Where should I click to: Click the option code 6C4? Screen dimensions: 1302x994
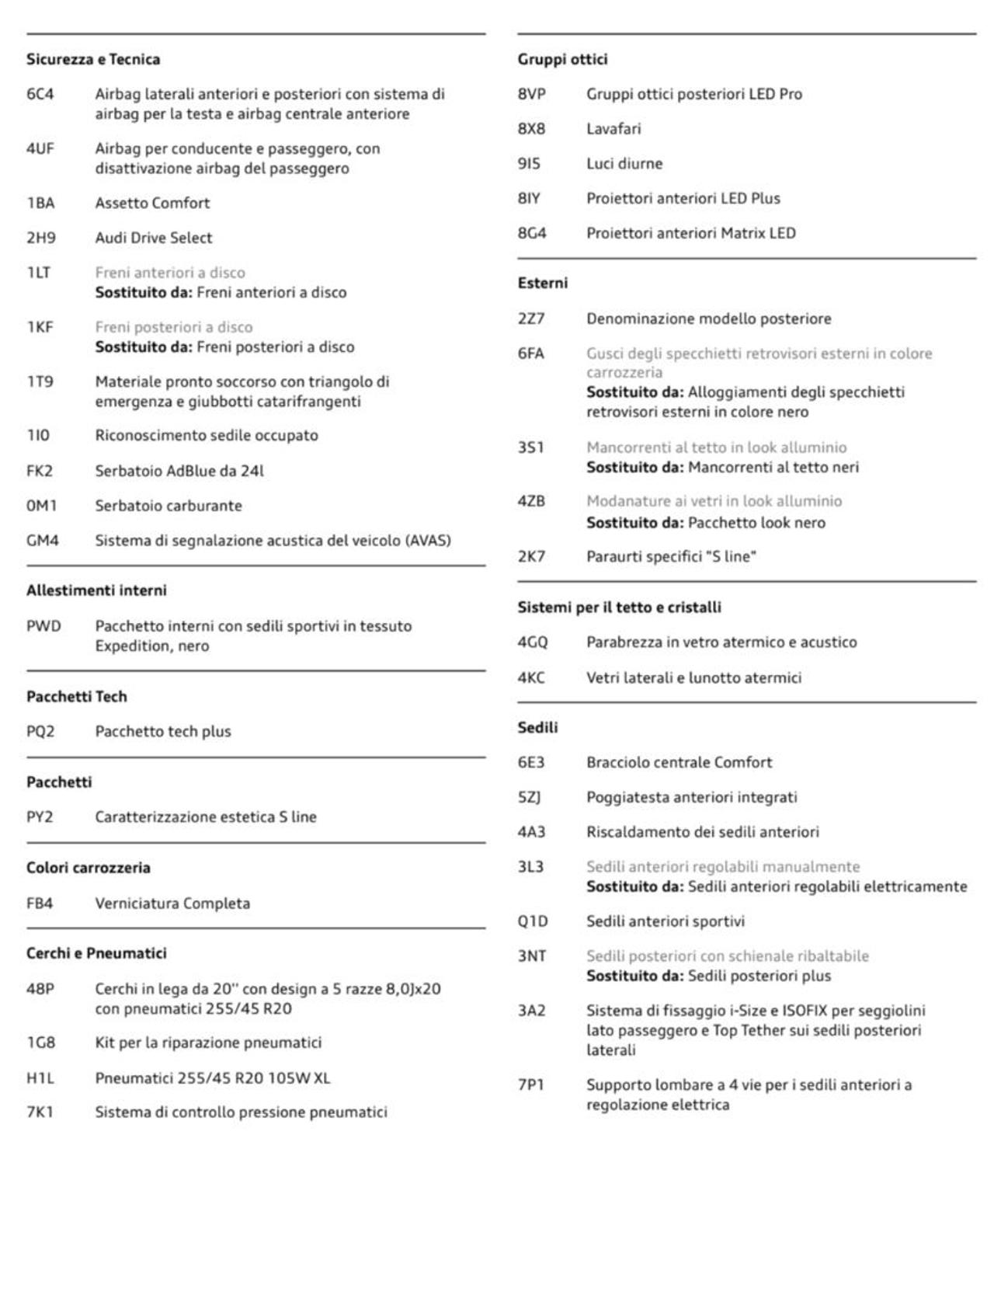[40, 94]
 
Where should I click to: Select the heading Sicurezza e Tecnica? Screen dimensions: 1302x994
[93, 59]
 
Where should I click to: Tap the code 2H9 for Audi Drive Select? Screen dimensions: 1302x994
[41, 238]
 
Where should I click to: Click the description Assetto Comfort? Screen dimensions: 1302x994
[152, 203]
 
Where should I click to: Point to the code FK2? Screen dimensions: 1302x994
[40, 471]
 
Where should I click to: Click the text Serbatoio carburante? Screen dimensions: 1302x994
[169, 506]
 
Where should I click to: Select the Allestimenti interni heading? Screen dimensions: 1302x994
[96, 590]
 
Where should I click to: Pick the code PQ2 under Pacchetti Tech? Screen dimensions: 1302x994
[40, 731]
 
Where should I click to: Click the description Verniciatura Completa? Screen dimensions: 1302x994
[172, 903]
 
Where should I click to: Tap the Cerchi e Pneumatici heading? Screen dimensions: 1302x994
[96, 953]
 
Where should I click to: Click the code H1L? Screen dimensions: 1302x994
[40, 1077]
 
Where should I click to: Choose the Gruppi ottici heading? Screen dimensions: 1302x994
[562, 59]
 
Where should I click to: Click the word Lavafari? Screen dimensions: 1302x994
[613, 129]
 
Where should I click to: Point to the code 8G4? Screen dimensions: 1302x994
[532, 233]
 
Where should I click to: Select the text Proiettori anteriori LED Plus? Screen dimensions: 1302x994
[683, 198]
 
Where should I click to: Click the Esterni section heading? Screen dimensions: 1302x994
[542, 283]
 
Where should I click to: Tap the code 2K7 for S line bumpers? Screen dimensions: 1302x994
[531, 556]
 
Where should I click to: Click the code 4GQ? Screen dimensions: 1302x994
[533, 642]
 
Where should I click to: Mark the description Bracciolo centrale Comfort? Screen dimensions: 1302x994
[679, 762]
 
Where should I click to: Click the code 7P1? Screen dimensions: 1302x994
[530, 1084]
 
